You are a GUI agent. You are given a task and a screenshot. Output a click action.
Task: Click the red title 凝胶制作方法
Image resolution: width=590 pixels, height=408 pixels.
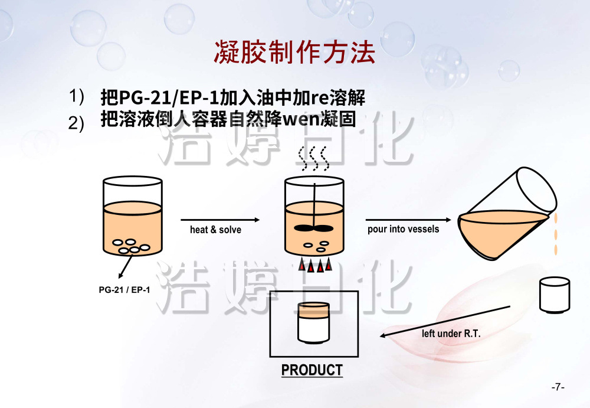[x=294, y=53]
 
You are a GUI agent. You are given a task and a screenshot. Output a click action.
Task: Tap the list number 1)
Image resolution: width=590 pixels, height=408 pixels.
[x=77, y=96]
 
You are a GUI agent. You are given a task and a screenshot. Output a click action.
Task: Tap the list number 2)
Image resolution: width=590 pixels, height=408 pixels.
[x=77, y=123]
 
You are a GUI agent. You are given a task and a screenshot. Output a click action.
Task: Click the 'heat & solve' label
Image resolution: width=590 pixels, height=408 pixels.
[x=215, y=230]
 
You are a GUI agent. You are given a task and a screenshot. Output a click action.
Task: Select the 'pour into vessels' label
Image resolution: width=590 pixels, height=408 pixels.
[x=403, y=229]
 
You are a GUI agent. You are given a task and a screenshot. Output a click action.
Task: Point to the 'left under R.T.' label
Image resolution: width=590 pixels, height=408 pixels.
[x=451, y=334]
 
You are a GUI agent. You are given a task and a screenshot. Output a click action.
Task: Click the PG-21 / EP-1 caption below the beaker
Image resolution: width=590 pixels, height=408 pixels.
[x=124, y=290]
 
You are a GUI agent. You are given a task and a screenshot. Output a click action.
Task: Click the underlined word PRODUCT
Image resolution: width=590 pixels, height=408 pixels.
[x=312, y=370]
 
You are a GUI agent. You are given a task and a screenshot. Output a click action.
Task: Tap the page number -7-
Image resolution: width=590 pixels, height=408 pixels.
[x=558, y=387]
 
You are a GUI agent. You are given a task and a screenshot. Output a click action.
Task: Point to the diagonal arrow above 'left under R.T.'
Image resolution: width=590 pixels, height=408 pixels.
[x=445, y=321]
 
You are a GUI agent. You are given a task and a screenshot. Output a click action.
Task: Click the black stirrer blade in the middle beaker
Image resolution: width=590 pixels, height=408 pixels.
[x=313, y=228]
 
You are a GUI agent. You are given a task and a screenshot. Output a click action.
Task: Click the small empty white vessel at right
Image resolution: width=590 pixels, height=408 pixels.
[x=555, y=296]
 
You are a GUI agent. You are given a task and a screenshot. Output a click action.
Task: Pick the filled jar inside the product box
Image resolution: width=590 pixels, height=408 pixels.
[x=313, y=322]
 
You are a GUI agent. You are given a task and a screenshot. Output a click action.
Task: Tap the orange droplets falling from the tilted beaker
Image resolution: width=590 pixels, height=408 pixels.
[x=556, y=236]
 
